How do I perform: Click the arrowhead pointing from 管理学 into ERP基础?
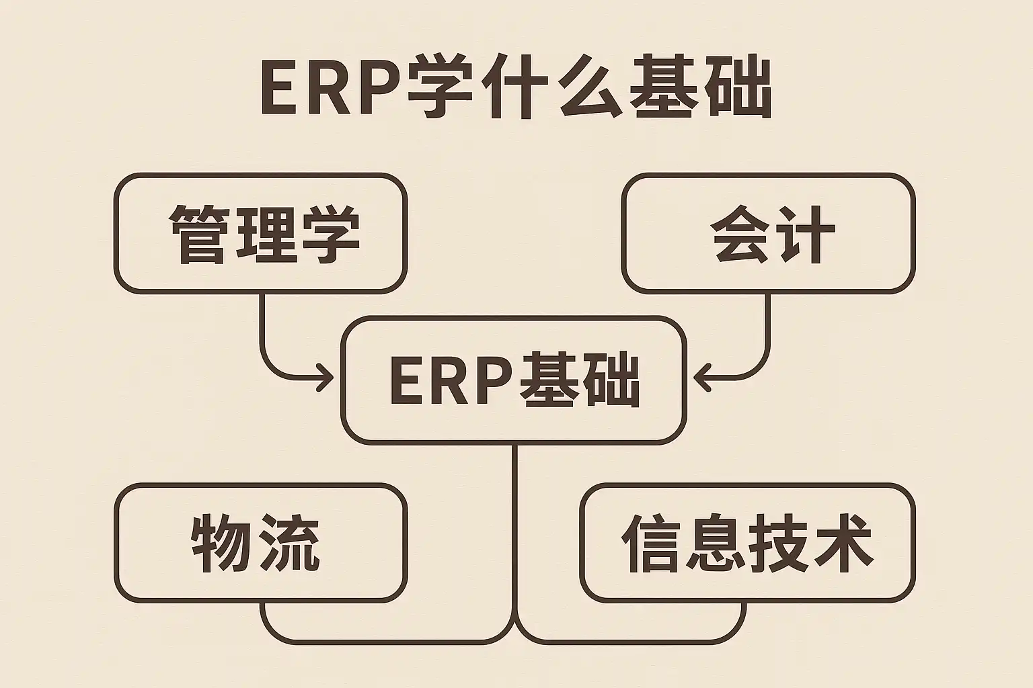[x=326, y=378]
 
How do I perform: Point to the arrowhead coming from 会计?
[x=701, y=378]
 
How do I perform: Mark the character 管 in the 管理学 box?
[x=198, y=234]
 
